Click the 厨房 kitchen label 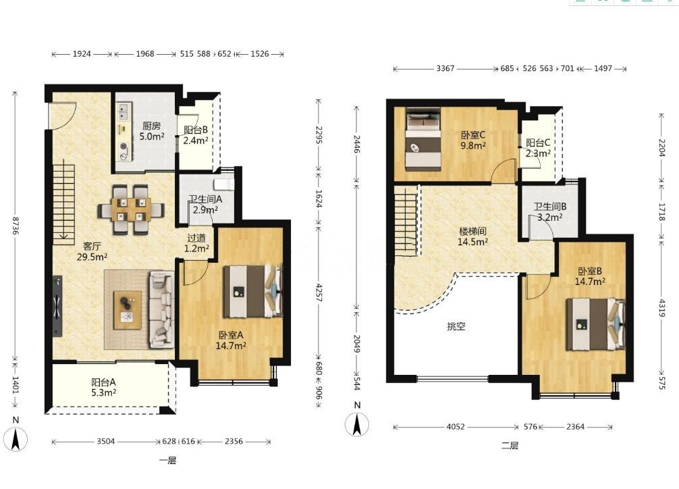pyautogui.click(x=152, y=126)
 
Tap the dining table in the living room pyautogui.click(x=131, y=209)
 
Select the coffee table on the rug pyautogui.click(x=128, y=310)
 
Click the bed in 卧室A pyautogui.click(x=252, y=291)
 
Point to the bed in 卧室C pyautogui.click(x=423, y=139)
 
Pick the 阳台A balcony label pyautogui.click(x=103, y=382)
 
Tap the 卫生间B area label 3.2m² pyautogui.click(x=550, y=217)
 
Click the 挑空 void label pyautogui.click(x=456, y=326)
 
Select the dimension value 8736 pyautogui.click(x=16, y=226)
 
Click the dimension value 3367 pyautogui.click(x=445, y=68)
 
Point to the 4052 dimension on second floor pyautogui.click(x=456, y=427)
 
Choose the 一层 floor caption pyautogui.click(x=167, y=461)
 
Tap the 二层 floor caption pyautogui.click(x=510, y=445)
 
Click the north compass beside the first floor pyautogui.click(x=16, y=435)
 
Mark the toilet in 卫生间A pyautogui.click(x=225, y=184)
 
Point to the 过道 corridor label pyautogui.click(x=196, y=238)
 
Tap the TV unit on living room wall pyautogui.click(x=57, y=305)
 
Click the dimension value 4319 pyautogui.click(x=661, y=307)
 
